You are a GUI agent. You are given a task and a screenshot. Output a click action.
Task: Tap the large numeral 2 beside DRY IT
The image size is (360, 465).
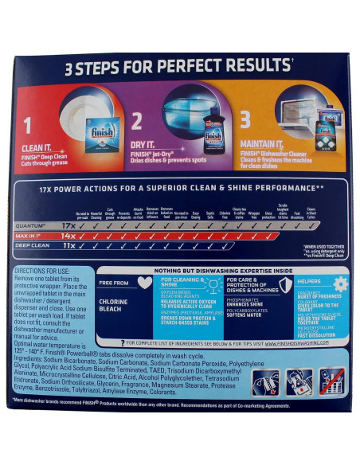coord(136,122)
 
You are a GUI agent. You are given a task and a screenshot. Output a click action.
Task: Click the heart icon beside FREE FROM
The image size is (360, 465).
coord(145,283)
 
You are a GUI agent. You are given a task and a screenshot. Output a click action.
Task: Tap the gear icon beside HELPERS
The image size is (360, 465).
coord(340,283)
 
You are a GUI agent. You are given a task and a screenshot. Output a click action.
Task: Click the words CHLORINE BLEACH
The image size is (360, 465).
coord(113,307)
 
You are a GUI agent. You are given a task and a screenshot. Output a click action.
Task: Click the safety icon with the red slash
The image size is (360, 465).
coord(331,382)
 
